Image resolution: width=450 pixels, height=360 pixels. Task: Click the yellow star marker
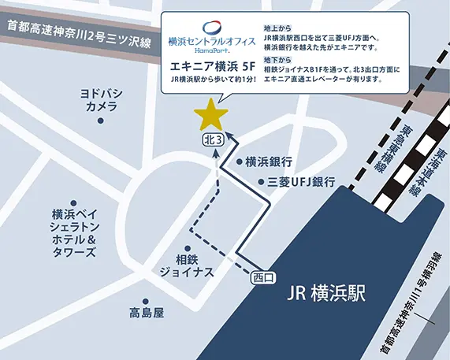210,115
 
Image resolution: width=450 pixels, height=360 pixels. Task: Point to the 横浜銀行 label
269,162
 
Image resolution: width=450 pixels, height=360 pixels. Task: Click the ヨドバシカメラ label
101,99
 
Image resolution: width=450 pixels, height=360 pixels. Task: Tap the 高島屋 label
147,313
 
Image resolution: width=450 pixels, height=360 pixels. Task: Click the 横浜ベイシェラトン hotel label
73,233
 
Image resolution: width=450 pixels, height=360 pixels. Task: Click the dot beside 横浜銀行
240,161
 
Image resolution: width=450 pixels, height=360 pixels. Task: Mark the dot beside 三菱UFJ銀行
261,182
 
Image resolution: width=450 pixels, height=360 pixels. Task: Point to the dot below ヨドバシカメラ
100,121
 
